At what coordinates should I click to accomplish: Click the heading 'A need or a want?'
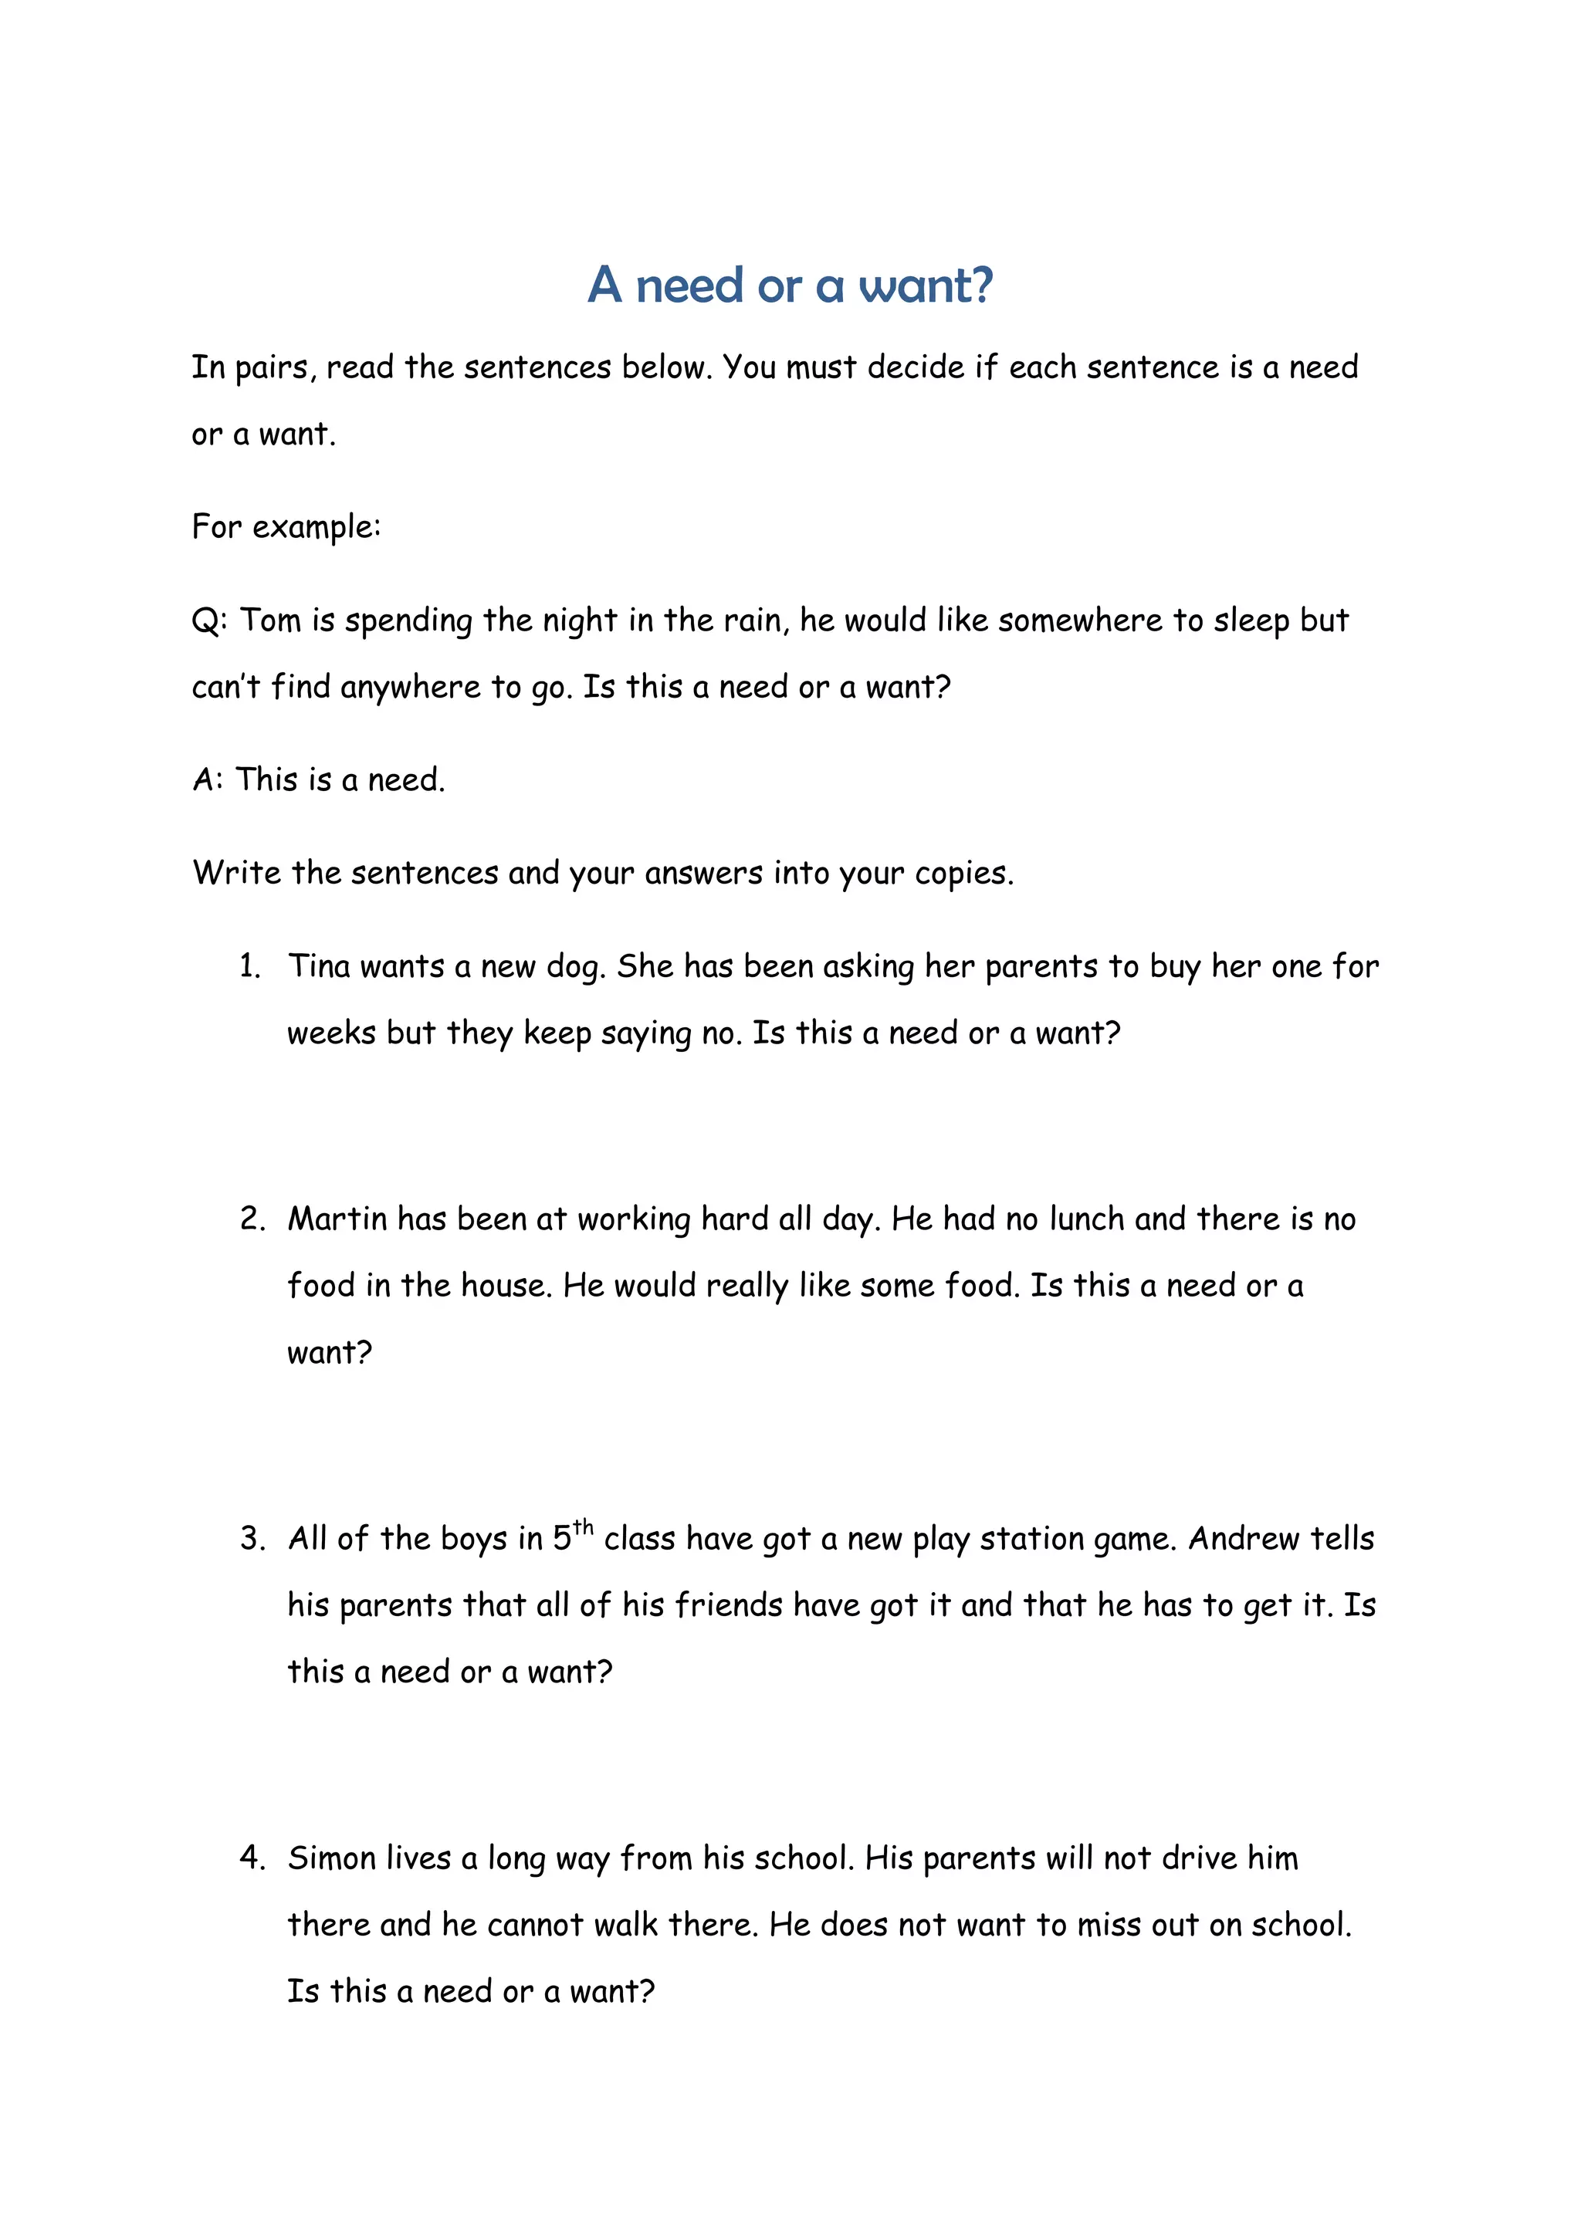tap(790, 286)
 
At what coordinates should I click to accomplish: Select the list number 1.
tap(250, 966)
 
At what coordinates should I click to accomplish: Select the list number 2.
tap(252, 1219)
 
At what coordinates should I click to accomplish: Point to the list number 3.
tap(252, 1539)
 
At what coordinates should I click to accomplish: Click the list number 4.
tap(252, 1858)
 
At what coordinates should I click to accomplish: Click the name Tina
tap(318, 966)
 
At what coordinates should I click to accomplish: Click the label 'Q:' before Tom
tap(208, 620)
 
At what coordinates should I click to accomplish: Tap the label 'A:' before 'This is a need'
tap(208, 779)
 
